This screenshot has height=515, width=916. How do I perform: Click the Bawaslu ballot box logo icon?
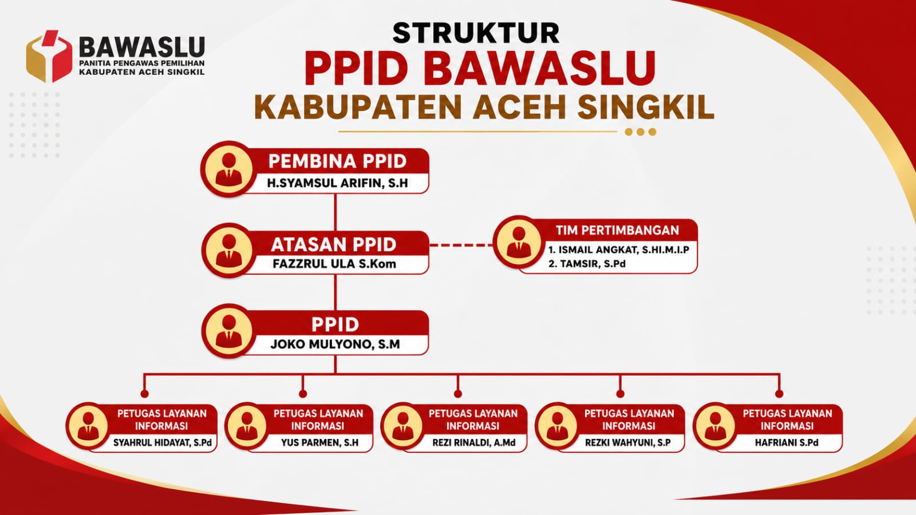point(49,56)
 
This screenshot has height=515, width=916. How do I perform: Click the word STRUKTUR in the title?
point(476,33)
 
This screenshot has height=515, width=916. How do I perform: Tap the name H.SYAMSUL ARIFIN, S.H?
point(337,183)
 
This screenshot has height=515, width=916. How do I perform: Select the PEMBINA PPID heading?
point(337,161)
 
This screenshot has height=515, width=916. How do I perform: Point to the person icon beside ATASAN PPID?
point(228,250)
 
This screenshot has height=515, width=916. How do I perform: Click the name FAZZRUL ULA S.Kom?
point(334,264)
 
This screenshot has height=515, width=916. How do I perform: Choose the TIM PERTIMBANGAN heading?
point(618,231)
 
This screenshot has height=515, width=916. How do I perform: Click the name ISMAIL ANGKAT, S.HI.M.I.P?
point(619,249)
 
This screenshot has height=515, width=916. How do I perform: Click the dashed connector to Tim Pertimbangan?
point(461,245)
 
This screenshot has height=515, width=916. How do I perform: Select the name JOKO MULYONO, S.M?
point(335,344)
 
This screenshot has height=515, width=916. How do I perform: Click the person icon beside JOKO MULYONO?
point(228,331)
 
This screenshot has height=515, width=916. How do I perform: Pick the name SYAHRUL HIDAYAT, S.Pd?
point(163,443)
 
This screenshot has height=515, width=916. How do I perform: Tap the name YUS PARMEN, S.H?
point(320,443)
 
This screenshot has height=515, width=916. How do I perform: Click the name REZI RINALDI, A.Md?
point(474,443)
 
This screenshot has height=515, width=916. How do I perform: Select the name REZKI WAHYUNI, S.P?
point(627,443)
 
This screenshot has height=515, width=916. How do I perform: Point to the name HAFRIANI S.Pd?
point(787,443)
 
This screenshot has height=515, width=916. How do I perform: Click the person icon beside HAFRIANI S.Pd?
point(715,426)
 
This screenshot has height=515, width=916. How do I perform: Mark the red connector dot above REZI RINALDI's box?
point(457,394)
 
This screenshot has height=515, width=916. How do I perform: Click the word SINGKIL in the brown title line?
point(646,107)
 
